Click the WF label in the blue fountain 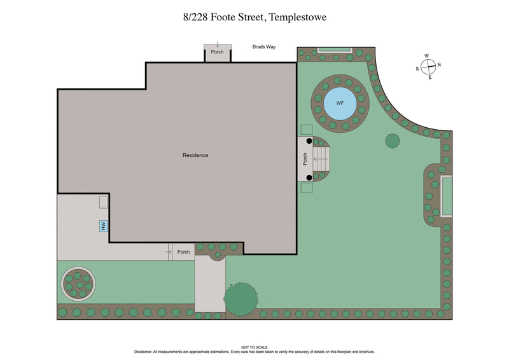point(340,103)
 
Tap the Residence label point(195,155)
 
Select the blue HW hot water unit point(102,225)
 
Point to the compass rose point(429,66)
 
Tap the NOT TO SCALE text point(254,347)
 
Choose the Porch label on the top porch point(218,52)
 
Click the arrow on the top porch point(218,45)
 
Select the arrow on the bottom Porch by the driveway point(169,252)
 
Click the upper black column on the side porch point(309,141)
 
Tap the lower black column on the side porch point(309,178)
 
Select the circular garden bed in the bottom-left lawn point(78,281)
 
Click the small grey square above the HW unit point(103,202)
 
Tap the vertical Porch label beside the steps point(305,159)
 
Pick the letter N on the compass point(439,64)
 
